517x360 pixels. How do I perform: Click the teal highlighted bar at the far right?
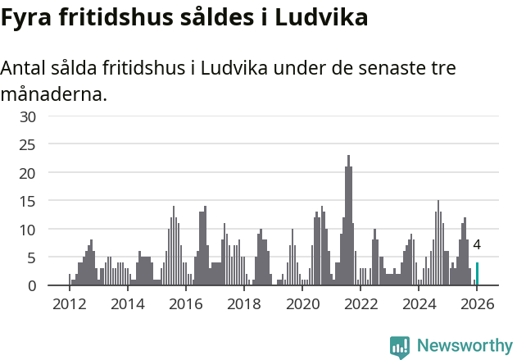pyautogui.click(x=477, y=274)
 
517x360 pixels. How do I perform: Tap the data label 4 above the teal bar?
pyautogui.click(x=477, y=244)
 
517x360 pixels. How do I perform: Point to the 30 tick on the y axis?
pyautogui.click(x=29, y=116)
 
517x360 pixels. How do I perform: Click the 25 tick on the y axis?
pyautogui.click(x=29, y=145)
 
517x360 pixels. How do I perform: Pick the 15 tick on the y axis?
pyautogui.click(x=29, y=201)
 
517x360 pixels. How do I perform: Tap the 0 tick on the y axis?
pyautogui.click(x=32, y=285)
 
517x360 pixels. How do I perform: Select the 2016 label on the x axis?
pyautogui.click(x=185, y=304)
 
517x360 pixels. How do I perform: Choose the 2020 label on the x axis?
pyautogui.click(x=303, y=304)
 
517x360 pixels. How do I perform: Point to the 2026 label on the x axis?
pyautogui.click(x=478, y=304)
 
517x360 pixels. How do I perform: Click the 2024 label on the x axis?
pyautogui.click(x=420, y=304)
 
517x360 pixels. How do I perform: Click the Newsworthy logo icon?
pyautogui.click(x=400, y=347)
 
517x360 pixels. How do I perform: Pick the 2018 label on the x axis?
pyautogui.click(x=244, y=304)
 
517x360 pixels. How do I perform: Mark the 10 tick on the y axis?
pyautogui.click(x=29, y=230)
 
